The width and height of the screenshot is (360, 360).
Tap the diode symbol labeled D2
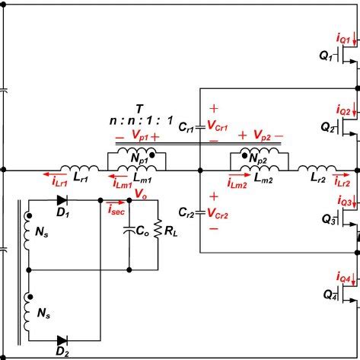point(64,339)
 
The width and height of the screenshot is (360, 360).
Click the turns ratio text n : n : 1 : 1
point(139,142)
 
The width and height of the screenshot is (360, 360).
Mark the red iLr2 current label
point(342,204)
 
